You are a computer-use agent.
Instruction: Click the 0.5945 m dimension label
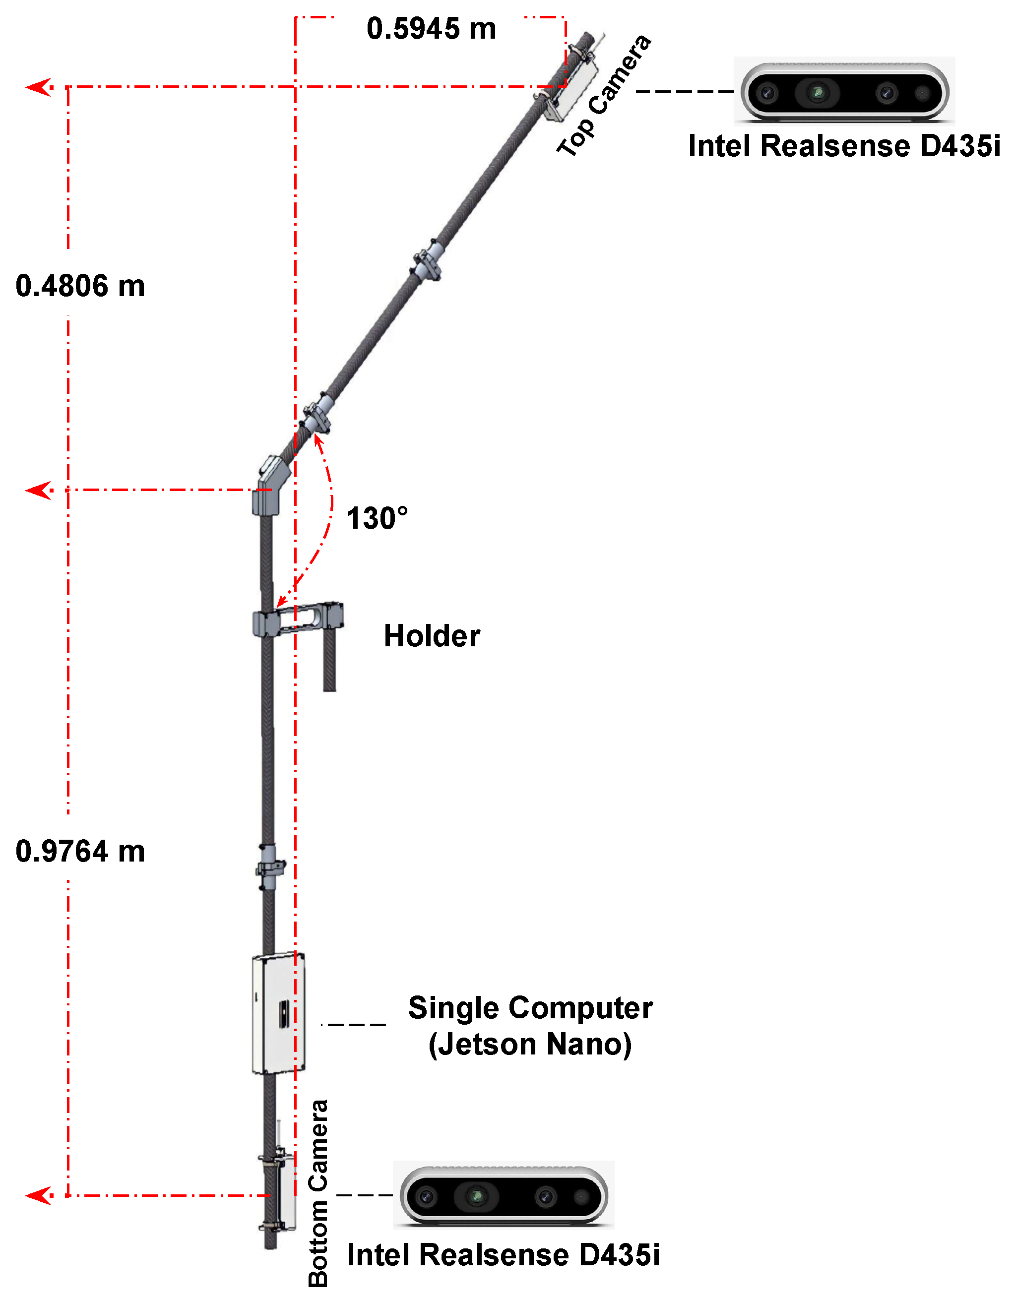click(x=431, y=29)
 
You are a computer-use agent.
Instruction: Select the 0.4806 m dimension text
click(x=80, y=286)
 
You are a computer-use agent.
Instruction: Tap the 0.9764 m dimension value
click(x=80, y=851)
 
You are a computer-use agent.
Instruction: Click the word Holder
click(x=432, y=636)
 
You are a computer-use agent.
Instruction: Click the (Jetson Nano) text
click(x=530, y=1045)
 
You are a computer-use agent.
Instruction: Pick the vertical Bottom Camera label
click(x=318, y=1192)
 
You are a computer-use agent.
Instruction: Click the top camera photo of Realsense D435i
click(x=845, y=92)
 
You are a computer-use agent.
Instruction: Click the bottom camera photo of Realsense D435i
click(x=504, y=1195)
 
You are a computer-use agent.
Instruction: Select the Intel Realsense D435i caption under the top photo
click(x=844, y=146)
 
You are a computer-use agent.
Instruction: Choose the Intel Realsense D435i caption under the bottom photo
click(x=504, y=1255)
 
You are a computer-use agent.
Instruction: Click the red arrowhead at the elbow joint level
click(x=39, y=491)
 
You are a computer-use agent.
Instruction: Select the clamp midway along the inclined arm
click(x=427, y=262)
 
